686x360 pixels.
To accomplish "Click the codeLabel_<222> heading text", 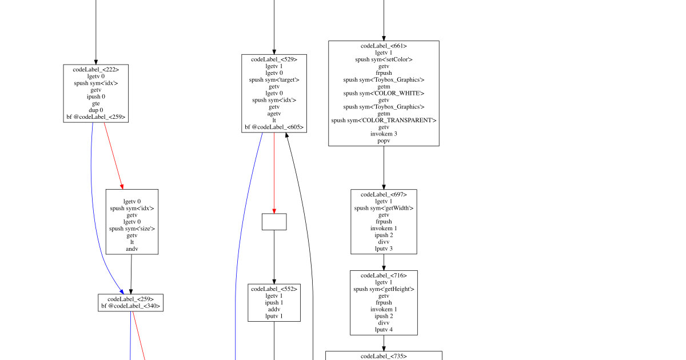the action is coord(96,70).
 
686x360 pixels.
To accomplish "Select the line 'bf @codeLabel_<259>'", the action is coord(96,117).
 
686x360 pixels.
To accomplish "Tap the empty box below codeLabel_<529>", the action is coord(274,222).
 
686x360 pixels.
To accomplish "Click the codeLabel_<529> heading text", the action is coord(274,59).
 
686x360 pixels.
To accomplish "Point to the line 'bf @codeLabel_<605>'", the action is coord(274,127).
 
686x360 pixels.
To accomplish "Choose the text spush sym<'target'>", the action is coord(274,80).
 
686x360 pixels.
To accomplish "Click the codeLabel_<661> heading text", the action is coord(384,46).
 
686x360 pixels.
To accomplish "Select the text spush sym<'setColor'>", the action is coord(384,59).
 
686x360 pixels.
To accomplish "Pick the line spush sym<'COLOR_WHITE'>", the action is coord(384,93).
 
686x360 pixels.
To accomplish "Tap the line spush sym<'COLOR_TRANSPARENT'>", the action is coord(384,121).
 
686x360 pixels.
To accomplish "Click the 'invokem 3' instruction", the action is coord(384,134).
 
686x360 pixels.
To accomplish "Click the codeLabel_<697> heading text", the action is coord(384,194).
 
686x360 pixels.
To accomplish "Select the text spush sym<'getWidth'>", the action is coord(384,208).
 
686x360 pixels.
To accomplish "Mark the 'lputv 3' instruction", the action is coord(384,249).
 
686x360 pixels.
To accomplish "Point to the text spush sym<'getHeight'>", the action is coord(384,289).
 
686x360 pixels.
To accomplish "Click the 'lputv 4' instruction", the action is coord(384,330).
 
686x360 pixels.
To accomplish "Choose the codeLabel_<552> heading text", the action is coord(274,289).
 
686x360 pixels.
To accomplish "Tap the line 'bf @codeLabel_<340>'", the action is coord(131,306).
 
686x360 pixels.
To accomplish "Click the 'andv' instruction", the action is coord(132,249).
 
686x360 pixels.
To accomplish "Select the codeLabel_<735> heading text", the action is coord(384,357).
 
